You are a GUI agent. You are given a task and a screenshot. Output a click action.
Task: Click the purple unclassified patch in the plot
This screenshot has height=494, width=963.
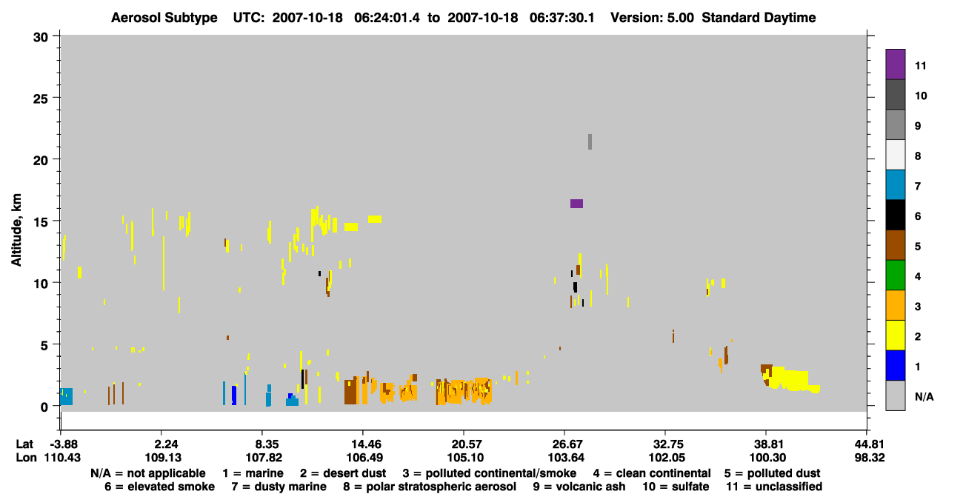576,204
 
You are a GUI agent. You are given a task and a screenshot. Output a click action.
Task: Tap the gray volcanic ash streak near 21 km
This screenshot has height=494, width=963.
590,142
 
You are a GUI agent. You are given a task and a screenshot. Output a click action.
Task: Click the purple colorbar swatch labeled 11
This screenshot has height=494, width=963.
895,64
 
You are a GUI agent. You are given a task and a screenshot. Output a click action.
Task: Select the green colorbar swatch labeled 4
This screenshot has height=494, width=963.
895,276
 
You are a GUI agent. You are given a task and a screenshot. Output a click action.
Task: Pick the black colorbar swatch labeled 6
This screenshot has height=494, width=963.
895,215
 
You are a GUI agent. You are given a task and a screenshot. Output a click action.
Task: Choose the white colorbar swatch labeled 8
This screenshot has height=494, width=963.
895,155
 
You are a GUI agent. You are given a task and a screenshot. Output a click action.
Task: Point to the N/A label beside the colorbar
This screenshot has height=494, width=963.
924,396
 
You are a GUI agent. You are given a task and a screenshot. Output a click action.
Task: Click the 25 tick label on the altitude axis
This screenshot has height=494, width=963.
41,99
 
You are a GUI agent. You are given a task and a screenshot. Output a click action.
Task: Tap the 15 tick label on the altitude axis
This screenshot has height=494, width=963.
41,221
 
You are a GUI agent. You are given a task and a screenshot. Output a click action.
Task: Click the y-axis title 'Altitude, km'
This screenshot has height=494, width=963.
16,230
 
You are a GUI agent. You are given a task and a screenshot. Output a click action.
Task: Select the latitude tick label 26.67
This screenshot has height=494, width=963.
564,444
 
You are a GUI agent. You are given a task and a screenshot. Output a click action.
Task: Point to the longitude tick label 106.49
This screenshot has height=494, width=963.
364,458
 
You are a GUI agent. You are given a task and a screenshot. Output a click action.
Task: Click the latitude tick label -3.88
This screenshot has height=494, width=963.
63,444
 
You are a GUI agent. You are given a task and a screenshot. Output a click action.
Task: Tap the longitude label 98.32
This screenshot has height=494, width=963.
870,458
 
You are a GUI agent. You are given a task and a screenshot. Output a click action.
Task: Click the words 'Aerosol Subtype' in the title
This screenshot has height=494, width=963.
164,18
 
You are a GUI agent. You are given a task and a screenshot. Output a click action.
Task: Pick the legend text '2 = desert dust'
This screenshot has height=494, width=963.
343,473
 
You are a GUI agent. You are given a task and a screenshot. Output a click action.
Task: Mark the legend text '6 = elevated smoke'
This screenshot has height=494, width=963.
159,487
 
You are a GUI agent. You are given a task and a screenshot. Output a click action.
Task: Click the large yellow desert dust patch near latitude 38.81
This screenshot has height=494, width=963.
789,379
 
